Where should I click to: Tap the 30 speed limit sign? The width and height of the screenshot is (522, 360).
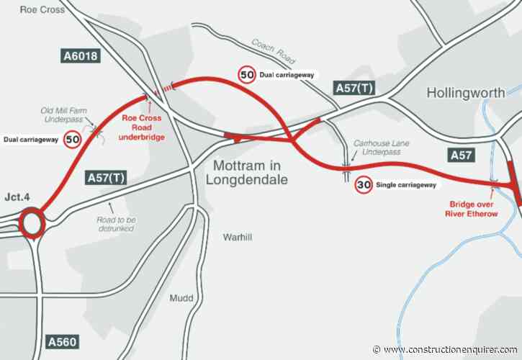tap(364, 185)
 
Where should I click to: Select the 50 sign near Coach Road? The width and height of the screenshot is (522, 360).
tap(246, 74)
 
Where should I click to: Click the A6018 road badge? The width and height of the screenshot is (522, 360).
tap(79, 56)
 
